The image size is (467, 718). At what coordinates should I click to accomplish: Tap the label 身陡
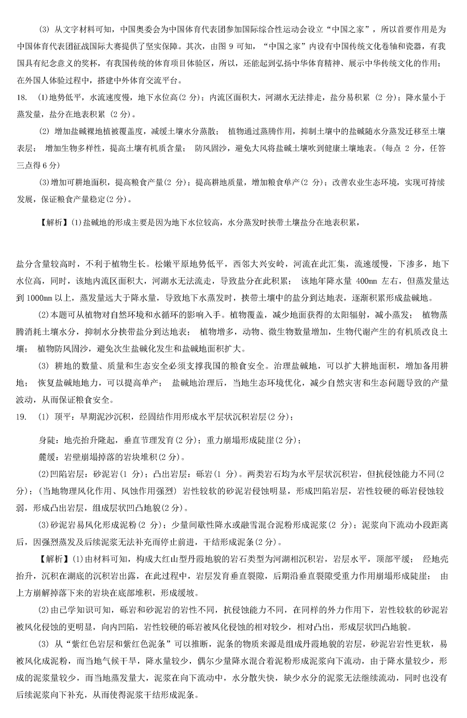coord(48,440)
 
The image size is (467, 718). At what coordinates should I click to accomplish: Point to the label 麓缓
coord(48,457)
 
